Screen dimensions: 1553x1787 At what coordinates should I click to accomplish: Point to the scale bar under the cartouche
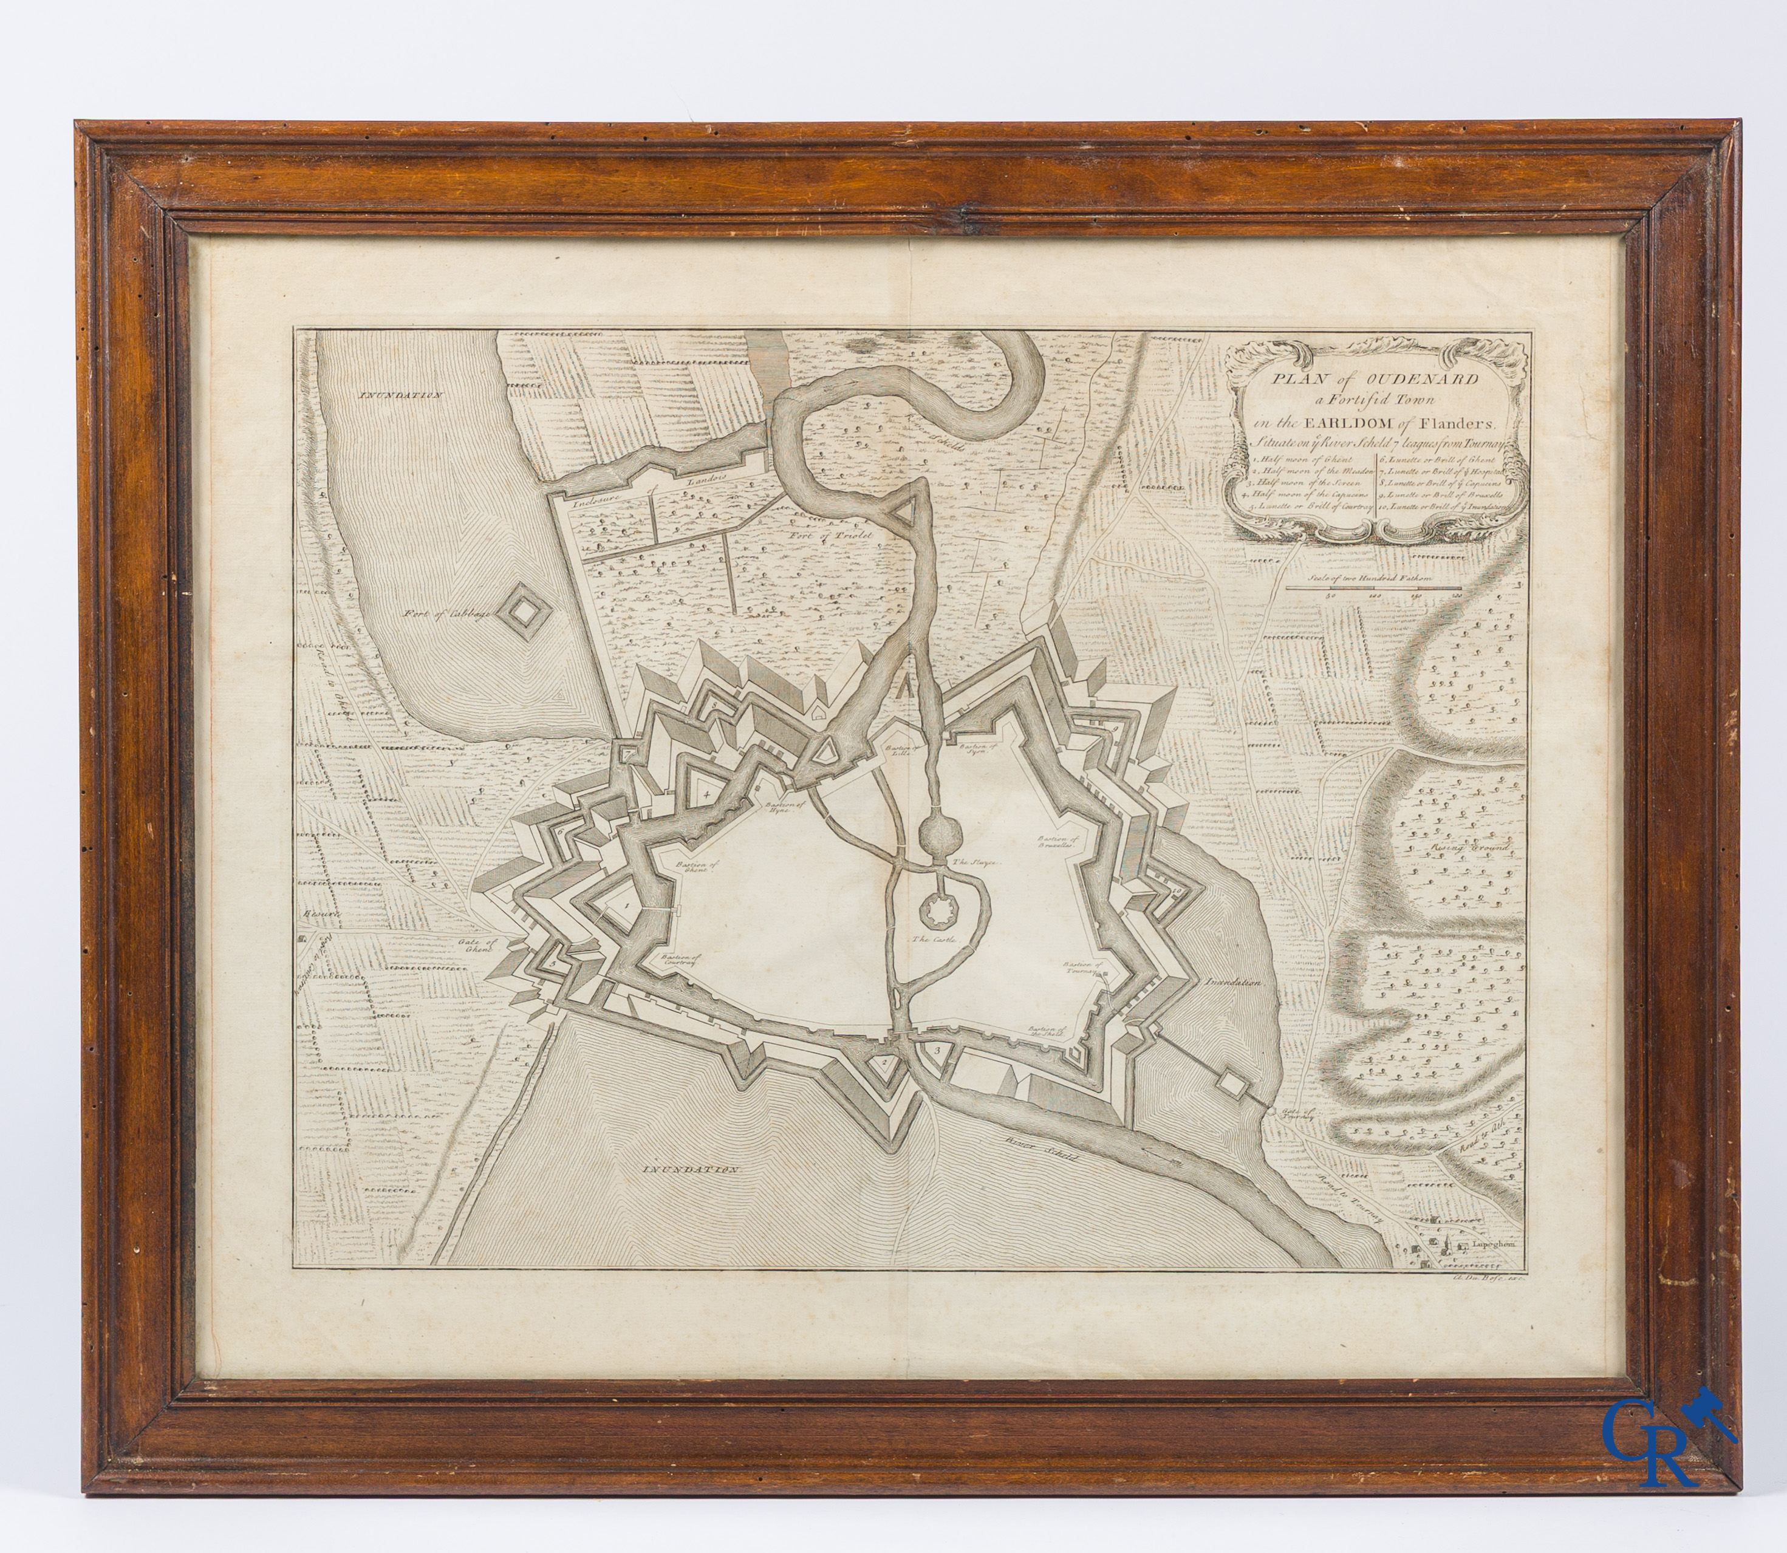pyautogui.click(x=1373, y=589)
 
